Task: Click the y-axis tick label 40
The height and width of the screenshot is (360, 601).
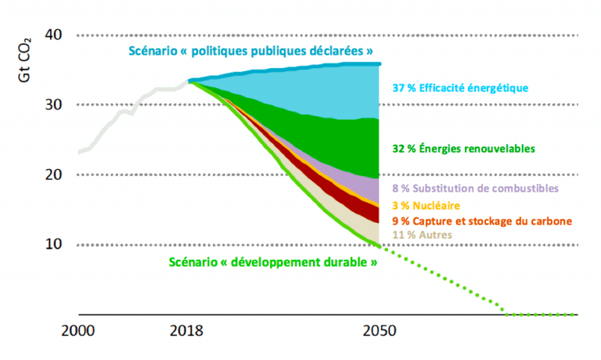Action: coord(55,35)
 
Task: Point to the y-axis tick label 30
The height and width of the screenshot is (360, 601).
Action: coord(55,105)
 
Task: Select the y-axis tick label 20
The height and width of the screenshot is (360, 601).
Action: coord(55,175)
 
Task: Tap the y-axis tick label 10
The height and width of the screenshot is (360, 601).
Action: coord(55,244)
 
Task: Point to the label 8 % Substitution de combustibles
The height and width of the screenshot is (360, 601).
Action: coord(474,189)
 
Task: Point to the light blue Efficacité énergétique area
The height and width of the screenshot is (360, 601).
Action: coord(344,94)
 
